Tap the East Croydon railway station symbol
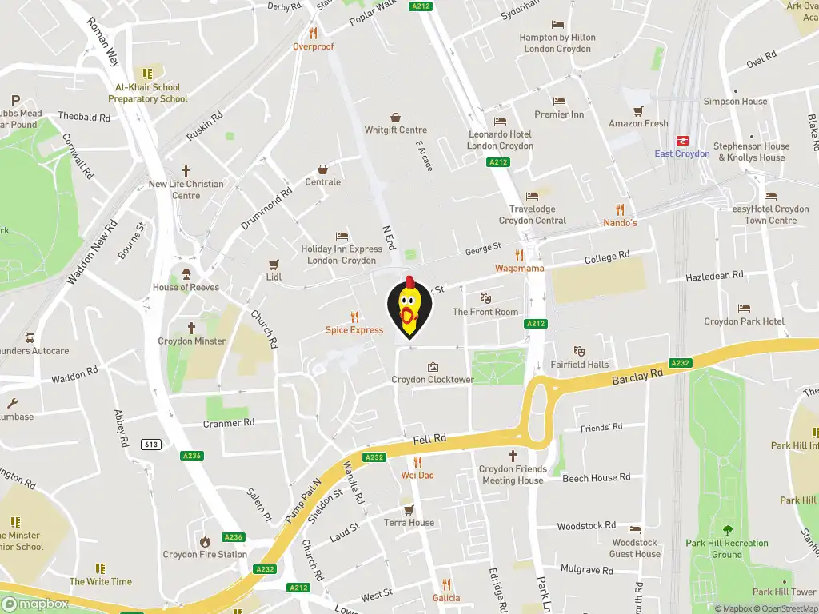(x=682, y=139)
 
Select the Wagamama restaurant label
(x=519, y=269)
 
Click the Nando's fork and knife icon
(x=620, y=209)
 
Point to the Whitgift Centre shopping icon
(x=395, y=117)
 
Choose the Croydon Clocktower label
(x=433, y=380)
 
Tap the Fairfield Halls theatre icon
(x=579, y=351)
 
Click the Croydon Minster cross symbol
(x=191, y=328)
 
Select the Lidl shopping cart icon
(x=274, y=264)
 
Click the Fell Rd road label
(x=429, y=440)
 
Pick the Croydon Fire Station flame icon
(x=205, y=541)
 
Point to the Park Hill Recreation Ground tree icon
(x=727, y=530)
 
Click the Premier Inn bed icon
(x=559, y=102)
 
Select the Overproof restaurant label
(x=313, y=46)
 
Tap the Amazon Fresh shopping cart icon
(x=638, y=110)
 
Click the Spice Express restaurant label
(x=354, y=330)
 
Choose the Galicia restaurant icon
(x=446, y=584)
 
